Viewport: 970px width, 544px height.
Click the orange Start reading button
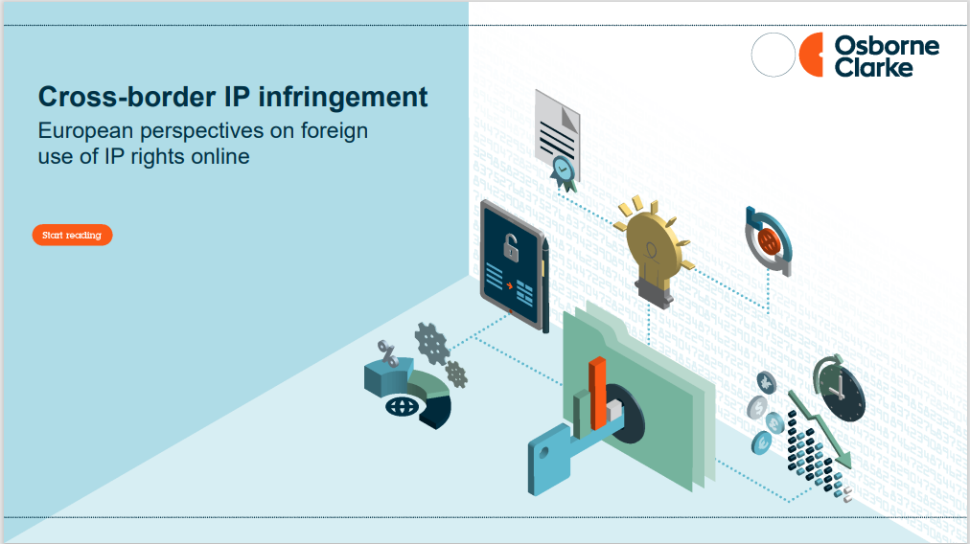(x=73, y=235)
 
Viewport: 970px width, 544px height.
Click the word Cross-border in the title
(x=127, y=97)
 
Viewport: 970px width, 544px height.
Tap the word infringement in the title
(x=343, y=98)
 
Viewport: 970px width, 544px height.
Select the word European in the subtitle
(x=86, y=131)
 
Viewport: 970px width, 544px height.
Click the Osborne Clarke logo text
(x=887, y=57)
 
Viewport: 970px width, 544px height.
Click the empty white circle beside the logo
(x=774, y=55)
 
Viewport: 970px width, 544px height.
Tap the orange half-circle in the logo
(x=811, y=55)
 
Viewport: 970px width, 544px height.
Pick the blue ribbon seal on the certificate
(x=564, y=171)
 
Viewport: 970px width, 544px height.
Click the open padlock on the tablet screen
(x=510, y=247)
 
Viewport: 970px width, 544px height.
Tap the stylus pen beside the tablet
(x=545, y=285)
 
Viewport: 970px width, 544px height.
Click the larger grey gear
(x=431, y=344)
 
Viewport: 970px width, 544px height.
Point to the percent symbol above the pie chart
(x=388, y=353)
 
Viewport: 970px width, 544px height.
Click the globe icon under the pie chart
(x=403, y=406)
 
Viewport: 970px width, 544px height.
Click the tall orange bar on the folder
(x=597, y=394)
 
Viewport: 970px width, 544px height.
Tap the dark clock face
(x=841, y=392)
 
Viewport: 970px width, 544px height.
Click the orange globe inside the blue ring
(x=769, y=241)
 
